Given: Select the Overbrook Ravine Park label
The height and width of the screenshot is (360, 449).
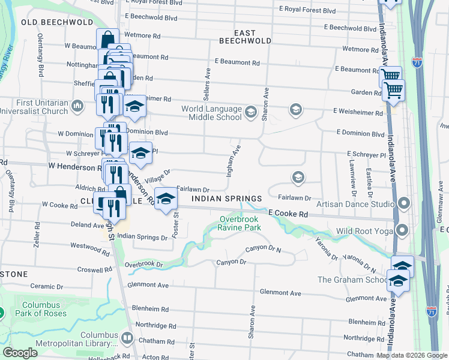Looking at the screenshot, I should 240,223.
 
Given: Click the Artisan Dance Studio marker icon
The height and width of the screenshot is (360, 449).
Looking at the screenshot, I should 404,204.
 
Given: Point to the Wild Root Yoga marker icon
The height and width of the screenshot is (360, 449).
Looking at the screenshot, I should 402,230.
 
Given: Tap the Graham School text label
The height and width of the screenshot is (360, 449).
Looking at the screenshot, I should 352,280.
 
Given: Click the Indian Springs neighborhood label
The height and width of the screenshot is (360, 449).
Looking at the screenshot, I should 226,199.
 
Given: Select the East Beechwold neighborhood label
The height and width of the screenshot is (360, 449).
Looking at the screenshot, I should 237,37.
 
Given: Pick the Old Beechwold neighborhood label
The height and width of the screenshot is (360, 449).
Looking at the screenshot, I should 57,22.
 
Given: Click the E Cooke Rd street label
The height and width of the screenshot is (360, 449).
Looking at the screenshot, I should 288,214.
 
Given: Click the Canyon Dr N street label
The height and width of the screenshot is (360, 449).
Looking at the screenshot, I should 265,250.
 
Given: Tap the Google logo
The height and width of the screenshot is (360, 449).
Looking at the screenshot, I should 21,353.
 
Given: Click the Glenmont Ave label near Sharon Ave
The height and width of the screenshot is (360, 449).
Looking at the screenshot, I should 280,293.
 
